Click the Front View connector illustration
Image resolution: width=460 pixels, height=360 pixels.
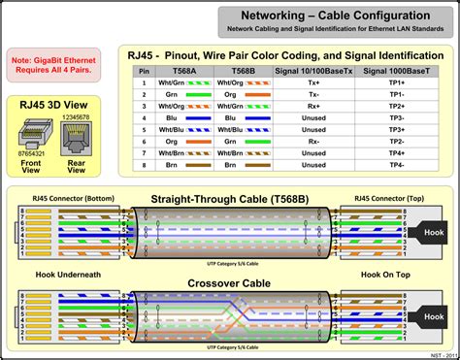pos(32,135)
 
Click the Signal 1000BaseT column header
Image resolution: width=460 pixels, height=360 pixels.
pos(397,71)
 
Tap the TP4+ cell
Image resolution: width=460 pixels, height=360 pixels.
pos(397,153)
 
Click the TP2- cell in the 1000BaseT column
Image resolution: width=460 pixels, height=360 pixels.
pos(397,140)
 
